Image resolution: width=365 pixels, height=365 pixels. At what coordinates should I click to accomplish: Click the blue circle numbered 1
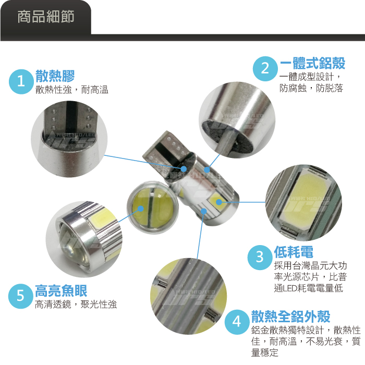(x=21, y=82)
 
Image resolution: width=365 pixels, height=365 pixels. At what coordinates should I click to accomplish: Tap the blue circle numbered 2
(x=265, y=69)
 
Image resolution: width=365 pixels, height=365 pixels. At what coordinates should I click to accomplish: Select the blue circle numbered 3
(x=260, y=258)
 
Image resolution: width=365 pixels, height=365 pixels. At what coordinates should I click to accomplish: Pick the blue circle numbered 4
(x=237, y=322)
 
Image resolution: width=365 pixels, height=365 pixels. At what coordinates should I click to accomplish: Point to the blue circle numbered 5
(x=20, y=296)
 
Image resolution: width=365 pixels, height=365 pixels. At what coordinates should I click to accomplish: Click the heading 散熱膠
(x=55, y=76)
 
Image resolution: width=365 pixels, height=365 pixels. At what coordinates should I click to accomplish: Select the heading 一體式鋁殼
(x=312, y=63)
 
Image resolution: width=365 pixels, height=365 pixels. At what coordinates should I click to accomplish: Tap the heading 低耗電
(x=294, y=252)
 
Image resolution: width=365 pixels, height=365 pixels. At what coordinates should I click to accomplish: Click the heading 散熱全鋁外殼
(x=290, y=317)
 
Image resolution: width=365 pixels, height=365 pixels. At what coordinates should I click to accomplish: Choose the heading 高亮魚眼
(x=61, y=291)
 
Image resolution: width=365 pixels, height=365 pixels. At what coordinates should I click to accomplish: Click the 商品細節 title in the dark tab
(x=46, y=17)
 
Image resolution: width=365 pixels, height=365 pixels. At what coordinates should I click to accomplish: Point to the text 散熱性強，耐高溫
(x=72, y=90)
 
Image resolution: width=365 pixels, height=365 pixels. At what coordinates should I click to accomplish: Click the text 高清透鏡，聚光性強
(x=76, y=304)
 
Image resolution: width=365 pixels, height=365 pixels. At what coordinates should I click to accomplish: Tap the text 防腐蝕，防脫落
(x=311, y=88)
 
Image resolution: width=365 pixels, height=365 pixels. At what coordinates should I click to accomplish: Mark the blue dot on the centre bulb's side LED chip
(x=219, y=202)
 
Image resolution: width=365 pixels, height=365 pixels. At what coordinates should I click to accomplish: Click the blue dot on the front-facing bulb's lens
(x=140, y=209)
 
